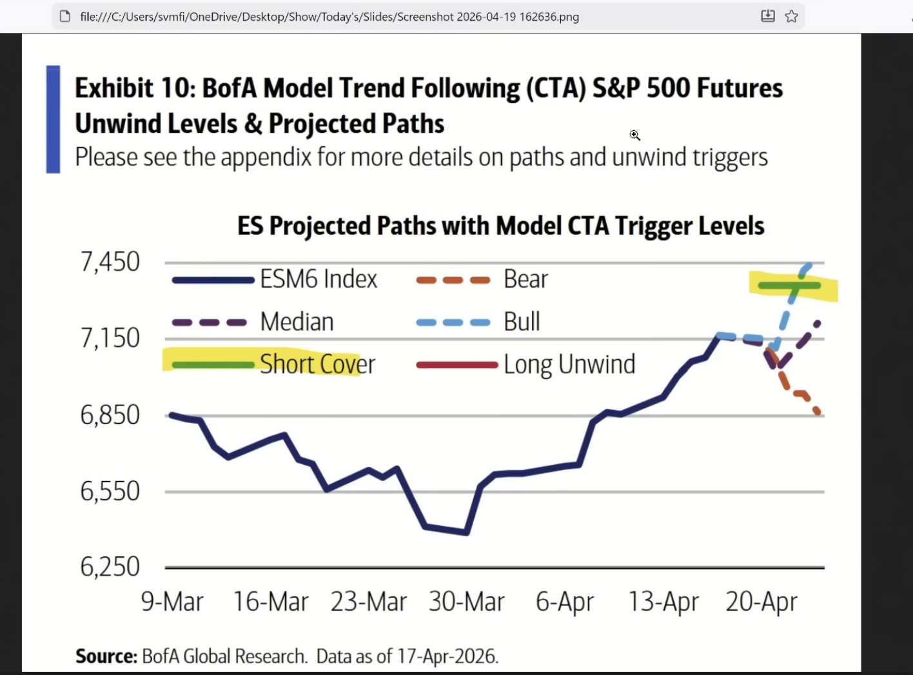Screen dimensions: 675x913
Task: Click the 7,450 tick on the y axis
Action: click(110, 262)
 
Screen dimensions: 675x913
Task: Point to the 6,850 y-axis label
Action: click(110, 415)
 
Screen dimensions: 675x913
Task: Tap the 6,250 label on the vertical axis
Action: click(110, 567)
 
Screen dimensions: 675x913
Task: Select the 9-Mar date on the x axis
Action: click(172, 602)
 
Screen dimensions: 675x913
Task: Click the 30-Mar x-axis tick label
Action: click(466, 602)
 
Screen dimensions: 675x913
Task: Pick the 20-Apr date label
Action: click(761, 602)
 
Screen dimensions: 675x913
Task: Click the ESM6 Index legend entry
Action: click(319, 279)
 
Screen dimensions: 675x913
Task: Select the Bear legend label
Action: click(525, 279)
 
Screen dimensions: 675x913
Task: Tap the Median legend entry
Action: click(297, 322)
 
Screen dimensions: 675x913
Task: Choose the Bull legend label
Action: click(522, 322)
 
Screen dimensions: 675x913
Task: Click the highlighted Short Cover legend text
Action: click(317, 364)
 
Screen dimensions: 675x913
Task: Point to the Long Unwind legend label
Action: click(569, 364)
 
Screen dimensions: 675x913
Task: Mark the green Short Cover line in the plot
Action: click(789, 285)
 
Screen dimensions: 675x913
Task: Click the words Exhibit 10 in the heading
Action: click(135, 88)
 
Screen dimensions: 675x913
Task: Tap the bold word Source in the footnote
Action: click(106, 656)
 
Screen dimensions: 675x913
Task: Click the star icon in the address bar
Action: click(792, 16)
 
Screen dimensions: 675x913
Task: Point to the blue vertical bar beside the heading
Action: click(53, 119)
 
